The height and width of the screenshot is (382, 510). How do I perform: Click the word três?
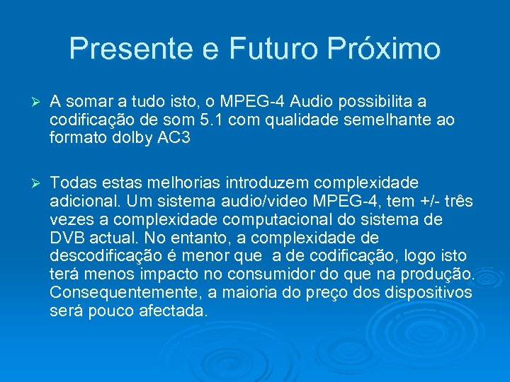click(457, 202)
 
